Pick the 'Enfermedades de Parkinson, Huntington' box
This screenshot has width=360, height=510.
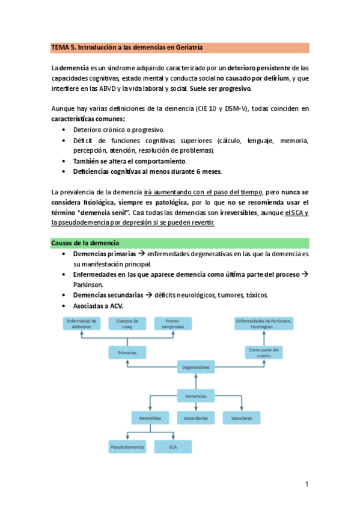point(264,323)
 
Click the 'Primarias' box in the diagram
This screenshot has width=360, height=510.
point(127,352)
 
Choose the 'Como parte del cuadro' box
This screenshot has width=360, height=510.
point(264,352)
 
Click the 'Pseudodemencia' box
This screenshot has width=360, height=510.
point(127,447)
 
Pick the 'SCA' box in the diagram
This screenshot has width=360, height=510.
point(172,447)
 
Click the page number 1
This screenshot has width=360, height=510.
point(307,484)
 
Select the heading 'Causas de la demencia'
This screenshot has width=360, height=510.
point(84,243)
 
